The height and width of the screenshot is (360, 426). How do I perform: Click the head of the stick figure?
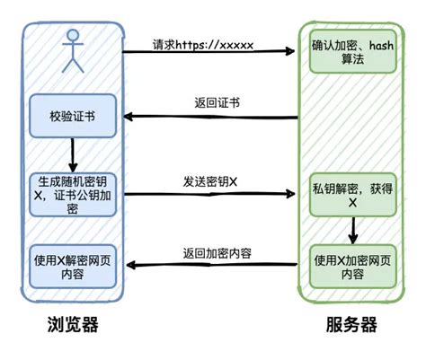pos(72,39)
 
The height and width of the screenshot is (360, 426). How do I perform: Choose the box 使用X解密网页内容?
pos(72,266)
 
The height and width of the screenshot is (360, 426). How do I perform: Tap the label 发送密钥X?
pos(210,180)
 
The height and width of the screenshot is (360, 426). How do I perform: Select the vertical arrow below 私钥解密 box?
pos(353,231)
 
